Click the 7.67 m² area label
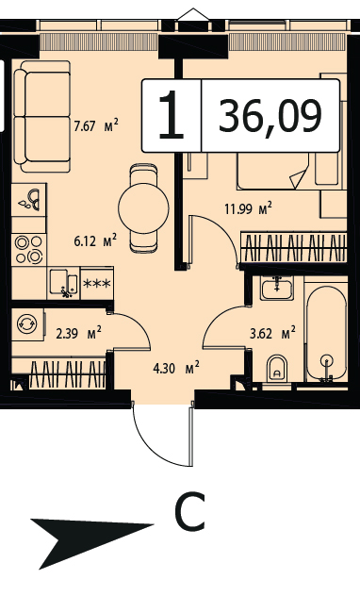click(96, 125)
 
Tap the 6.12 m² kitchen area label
click(95, 241)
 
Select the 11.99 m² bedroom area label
click(249, 208)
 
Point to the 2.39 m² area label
click(78, 333)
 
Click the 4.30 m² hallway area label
click(176, 368)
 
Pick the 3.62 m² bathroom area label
click(272, 333)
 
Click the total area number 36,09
click(270, 116)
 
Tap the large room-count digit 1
click(172, 114)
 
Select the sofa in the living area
click(42, 116)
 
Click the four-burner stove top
click(29, 250)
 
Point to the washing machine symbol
click(27, 324)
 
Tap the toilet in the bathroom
click(277, 369)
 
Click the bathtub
click(327, 333)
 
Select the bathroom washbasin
click(277, 289)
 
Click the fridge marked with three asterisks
click(97, 283)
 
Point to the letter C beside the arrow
click(189, 511)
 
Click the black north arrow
click(91, 539)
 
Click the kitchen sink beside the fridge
click(64, 283)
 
